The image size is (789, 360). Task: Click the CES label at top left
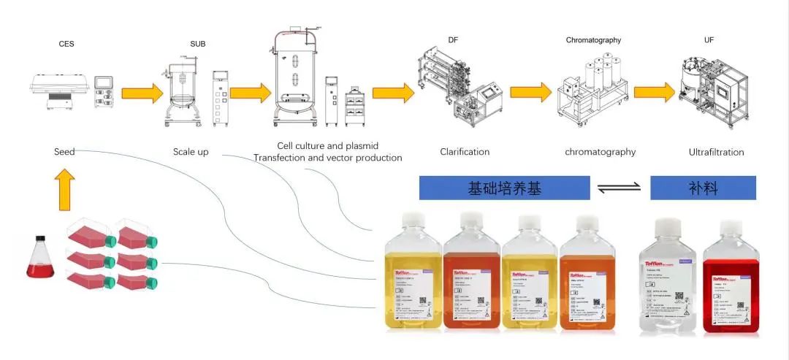point(66,44)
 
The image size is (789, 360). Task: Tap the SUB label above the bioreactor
point(197,44)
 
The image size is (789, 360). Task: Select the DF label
point(453,39)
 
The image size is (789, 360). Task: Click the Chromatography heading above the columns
point(593,40)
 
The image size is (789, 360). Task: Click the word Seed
point(64,152)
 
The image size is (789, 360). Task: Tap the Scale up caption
point(190,152)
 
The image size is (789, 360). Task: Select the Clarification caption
point(465,152)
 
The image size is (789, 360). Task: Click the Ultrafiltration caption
point(716,152)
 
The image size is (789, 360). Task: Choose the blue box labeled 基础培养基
point(504,188)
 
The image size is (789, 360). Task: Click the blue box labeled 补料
point(703,188)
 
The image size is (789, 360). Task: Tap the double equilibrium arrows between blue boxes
point(619,188)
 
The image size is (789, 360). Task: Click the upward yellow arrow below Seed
point(64,190)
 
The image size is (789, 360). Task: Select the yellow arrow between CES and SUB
point(142,93)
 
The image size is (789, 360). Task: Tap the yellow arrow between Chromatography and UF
point(655,92)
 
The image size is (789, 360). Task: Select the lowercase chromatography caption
point(600,152)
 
